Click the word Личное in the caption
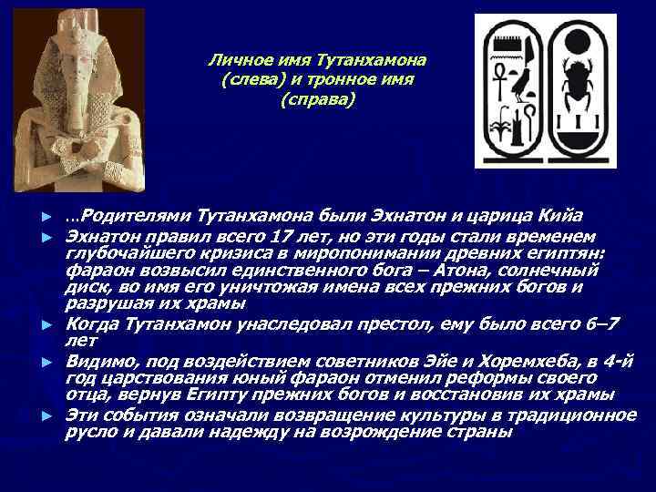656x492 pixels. (236, 60)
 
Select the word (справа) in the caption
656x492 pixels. (316, 98)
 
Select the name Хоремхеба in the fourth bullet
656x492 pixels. (478, 361)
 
